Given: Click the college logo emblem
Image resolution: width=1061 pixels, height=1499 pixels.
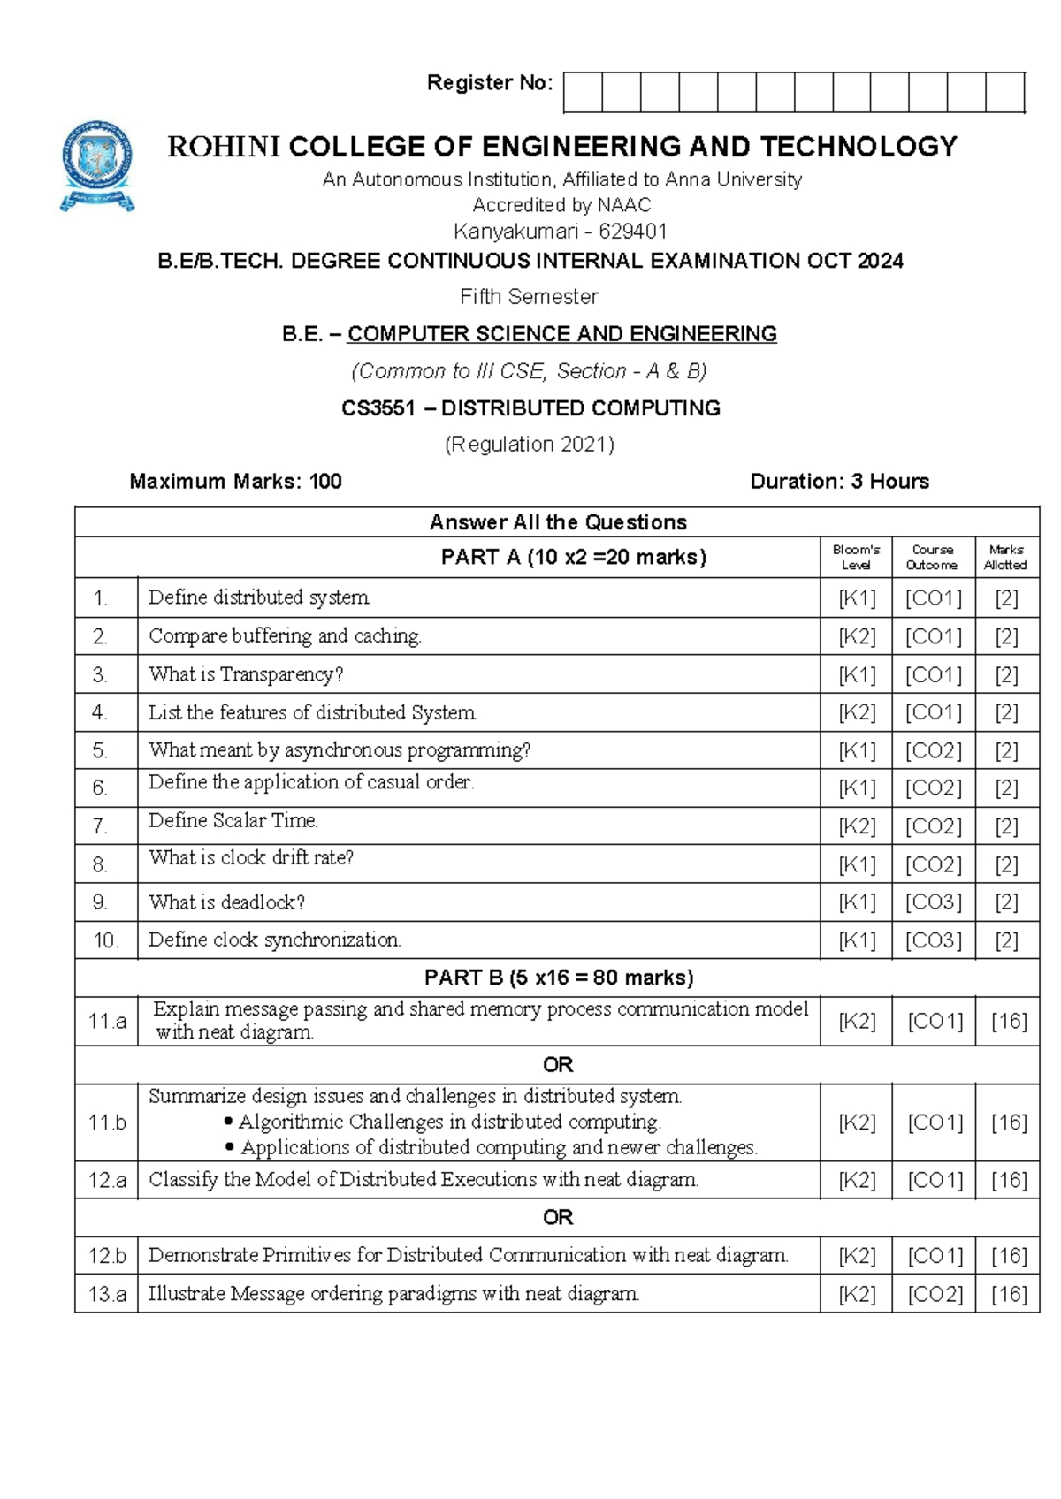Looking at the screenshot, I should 97,165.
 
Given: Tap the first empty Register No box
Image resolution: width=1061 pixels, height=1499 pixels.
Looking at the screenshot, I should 583,92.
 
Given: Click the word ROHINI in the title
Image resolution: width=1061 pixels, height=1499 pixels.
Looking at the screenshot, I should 224,147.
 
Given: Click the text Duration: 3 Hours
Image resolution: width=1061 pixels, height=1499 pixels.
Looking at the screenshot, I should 839,482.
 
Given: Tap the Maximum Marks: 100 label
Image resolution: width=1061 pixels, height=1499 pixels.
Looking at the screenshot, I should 235,482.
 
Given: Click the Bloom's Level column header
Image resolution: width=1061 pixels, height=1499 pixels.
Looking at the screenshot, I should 856,558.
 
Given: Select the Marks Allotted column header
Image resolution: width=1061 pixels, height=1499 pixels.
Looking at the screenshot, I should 1006,558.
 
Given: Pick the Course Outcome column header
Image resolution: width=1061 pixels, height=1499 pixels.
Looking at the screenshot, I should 932,558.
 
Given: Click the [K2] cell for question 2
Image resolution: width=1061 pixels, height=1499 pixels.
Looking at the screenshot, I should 857,636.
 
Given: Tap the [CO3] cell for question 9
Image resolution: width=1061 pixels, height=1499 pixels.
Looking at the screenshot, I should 933,902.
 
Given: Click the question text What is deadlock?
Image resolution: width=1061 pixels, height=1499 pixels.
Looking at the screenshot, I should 226,902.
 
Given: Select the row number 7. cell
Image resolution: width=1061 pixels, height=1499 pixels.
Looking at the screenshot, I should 101,826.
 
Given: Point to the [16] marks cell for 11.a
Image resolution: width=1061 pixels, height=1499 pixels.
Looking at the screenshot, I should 1008,1022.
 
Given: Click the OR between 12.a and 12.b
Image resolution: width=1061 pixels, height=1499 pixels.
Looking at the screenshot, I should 557,1218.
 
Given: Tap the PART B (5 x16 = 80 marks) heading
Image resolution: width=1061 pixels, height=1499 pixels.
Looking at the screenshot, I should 558,978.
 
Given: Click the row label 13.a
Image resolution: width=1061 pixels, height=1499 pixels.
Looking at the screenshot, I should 106,1294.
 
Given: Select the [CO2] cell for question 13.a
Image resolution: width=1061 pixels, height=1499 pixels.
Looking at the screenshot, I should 934,1294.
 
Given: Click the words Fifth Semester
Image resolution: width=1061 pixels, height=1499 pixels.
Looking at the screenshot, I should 529,297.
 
